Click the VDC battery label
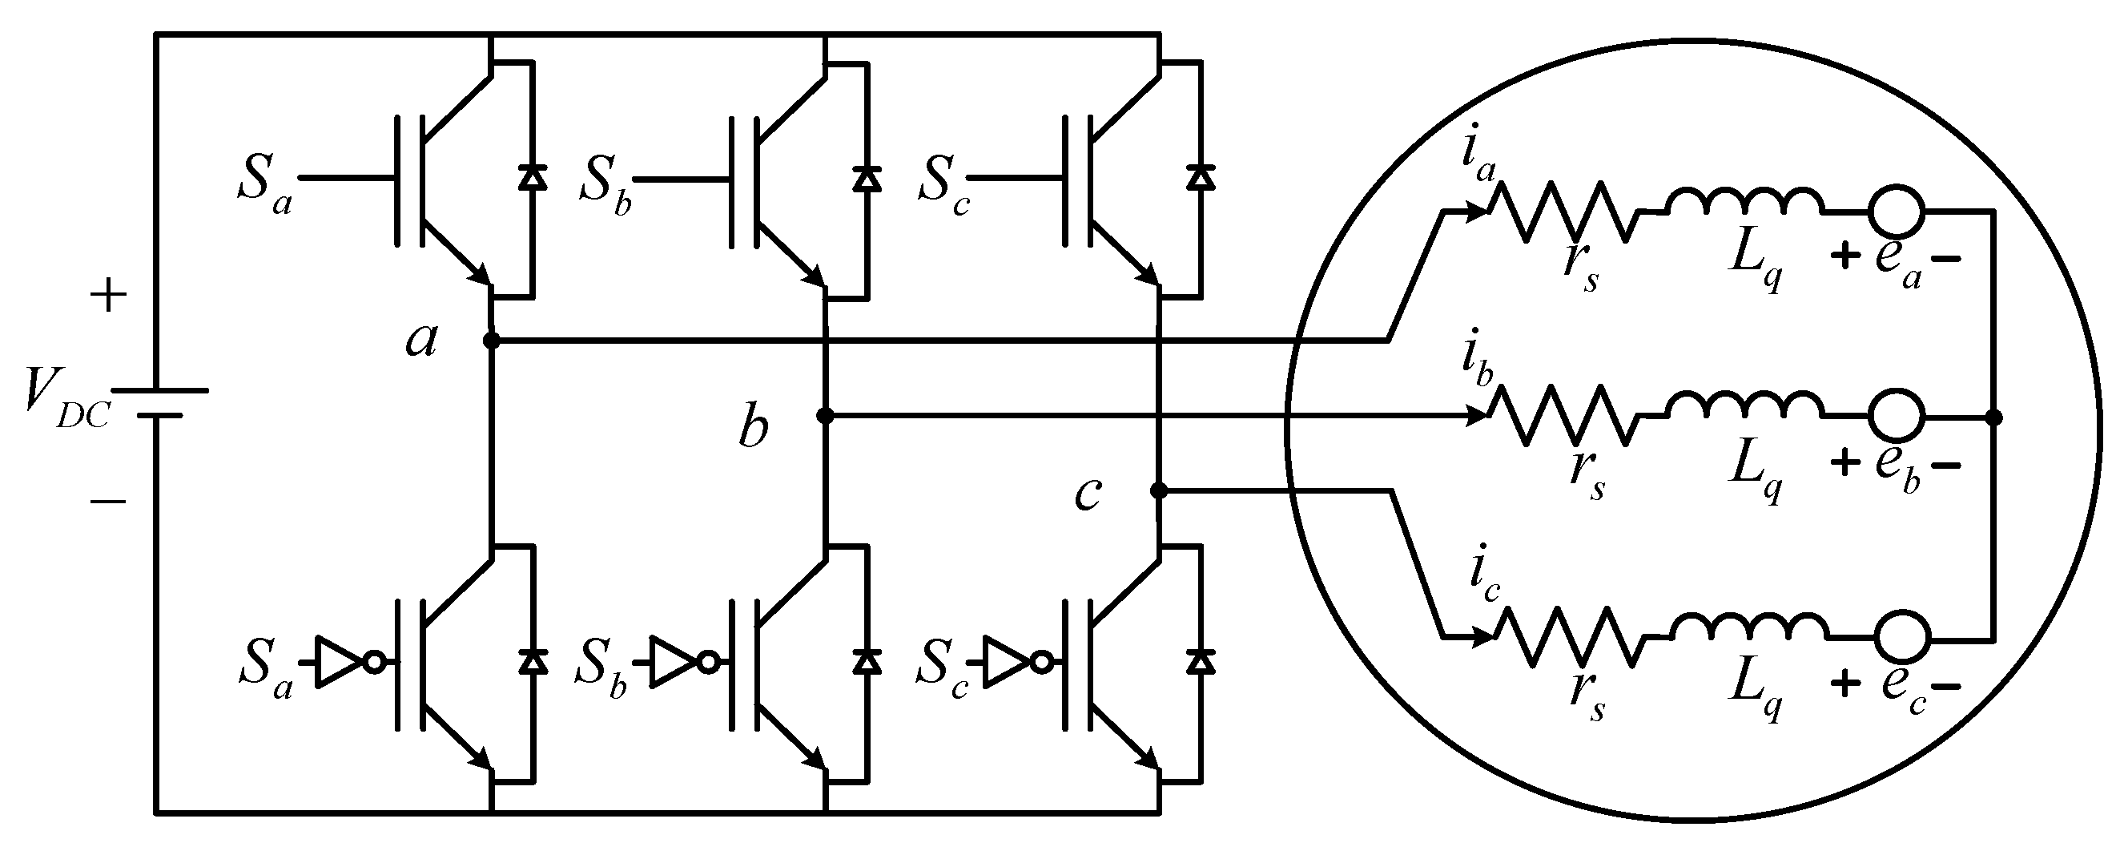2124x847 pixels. pos(66,400)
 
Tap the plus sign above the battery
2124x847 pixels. pos(108,296)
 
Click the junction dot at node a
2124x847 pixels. pos(492,340)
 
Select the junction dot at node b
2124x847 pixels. pos(825,416)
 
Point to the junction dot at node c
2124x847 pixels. pos(1158,491)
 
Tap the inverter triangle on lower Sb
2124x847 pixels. pos(671,662)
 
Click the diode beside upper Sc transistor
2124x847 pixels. pos(1201,178)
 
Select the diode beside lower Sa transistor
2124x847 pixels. pos(533,661)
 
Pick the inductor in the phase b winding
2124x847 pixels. pos(1746,404)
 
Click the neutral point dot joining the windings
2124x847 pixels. pos(1993,418)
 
